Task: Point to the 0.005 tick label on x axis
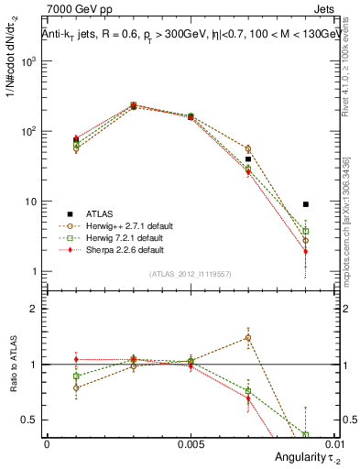pos(191,444)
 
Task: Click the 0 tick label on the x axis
pos(47,444)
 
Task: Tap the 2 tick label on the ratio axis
pos(34,309)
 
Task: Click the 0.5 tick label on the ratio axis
pos(30,420)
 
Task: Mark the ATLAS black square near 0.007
pos(247,159)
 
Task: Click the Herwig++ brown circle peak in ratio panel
pos(247,337)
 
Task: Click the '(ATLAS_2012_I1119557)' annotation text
pos(189,274)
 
